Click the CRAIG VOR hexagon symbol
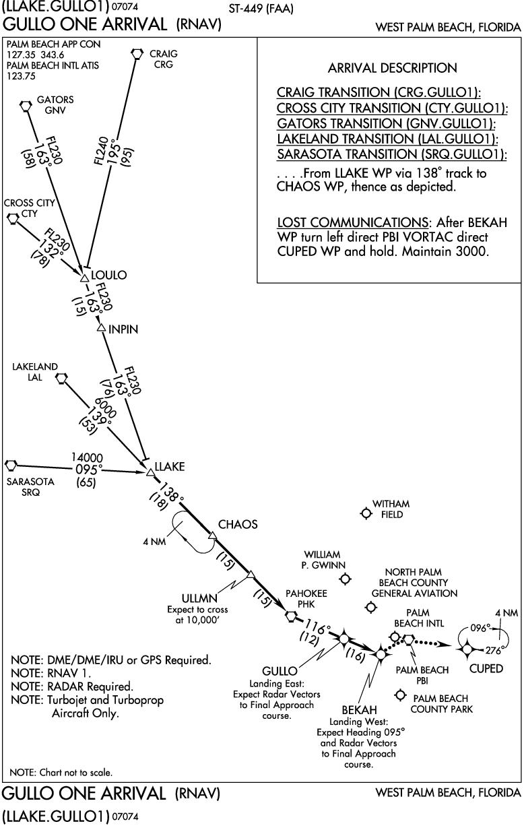click(x=137, y=53)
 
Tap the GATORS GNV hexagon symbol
click(x=26, y=105)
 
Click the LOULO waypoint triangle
click(x=84, y=278)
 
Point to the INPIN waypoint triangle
click(x=101, y=328)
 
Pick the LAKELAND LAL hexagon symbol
click(x=61, y=379)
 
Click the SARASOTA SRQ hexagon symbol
click(x=10, y=466)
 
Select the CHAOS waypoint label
click(x=237, y=524)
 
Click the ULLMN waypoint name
click(x=199, y=598)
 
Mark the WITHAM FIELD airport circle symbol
click(x=366, y=513)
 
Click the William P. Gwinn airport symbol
click(x=346, y=579)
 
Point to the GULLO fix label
click(x=280, y=672)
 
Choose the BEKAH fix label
click(x=359, y=710)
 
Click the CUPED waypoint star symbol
click(x=466, y=649)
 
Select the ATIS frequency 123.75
click(x=20, y=76)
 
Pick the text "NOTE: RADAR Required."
click(x=71, y=687)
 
